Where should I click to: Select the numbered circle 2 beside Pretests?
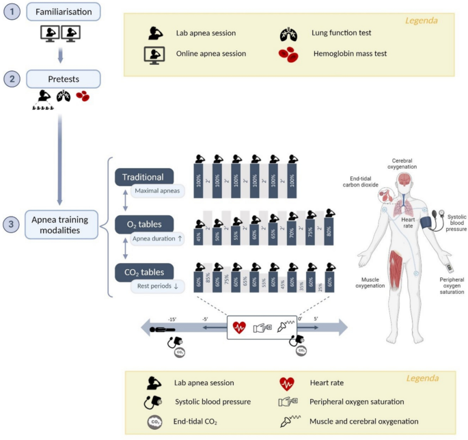pyautogui.click(x=10, y=79)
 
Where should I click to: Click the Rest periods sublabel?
pyautogui.click(x=156, y=286)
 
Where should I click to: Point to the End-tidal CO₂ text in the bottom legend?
pyautogui.click(x=202, y=422)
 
